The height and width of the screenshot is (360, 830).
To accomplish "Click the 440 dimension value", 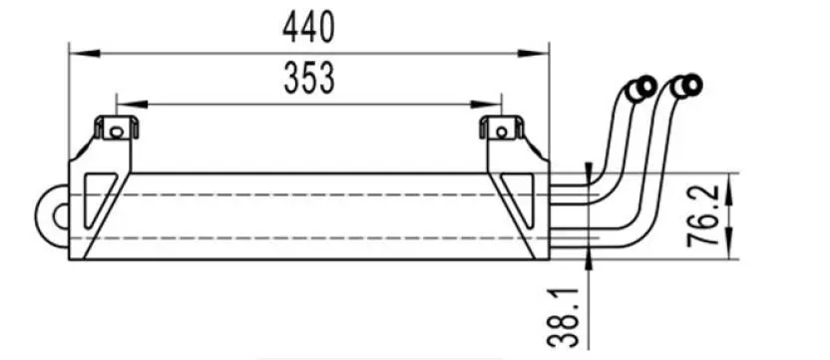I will (308, 28).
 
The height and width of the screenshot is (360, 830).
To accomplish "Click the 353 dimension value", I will (308, 79).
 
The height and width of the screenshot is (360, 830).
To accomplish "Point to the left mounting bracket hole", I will (116, 130).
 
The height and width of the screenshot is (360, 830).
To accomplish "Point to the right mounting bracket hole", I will (502, 130).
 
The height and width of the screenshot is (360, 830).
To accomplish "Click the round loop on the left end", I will (53, 212).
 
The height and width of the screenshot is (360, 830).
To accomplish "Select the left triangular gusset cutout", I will (98, 200).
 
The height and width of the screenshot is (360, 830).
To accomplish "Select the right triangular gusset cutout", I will (519, 200).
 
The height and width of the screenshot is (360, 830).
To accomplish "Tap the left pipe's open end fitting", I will (639, 89).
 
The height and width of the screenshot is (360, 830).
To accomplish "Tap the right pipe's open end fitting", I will (687, 88).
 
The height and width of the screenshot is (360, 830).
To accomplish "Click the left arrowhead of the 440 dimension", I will (75, 47).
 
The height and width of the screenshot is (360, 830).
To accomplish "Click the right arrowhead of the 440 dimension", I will (543, 47).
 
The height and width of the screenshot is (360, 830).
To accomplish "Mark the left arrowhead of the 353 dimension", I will (124, 102).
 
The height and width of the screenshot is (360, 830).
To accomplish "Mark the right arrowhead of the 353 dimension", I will (495, 102).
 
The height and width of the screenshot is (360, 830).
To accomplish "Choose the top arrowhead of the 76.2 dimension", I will (735, 179).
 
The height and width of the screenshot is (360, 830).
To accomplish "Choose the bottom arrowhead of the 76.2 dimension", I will (735, 253).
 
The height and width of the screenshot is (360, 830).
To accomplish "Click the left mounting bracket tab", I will (116, 129).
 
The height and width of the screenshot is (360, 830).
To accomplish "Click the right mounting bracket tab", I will (502, 129).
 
